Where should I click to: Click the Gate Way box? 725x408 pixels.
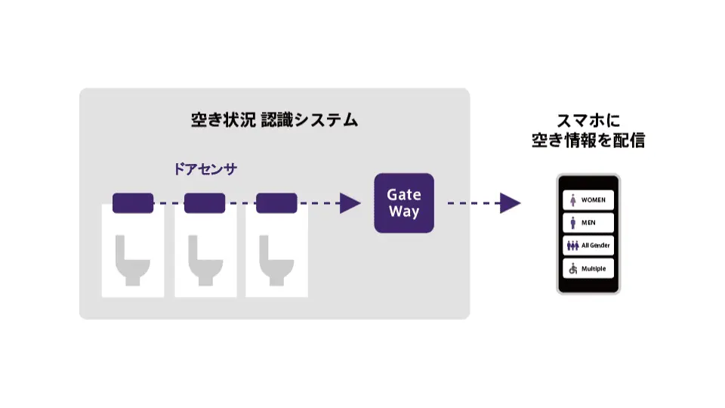404,203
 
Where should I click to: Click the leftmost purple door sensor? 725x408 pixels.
133,202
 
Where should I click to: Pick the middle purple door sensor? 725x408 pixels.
205,202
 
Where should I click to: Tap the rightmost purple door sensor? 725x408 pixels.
276,202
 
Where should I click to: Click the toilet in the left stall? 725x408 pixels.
132,260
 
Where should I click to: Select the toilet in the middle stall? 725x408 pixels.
205,260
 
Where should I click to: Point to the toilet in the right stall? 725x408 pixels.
276,260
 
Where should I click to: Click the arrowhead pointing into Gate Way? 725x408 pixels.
350,203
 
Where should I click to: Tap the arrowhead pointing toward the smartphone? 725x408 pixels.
511,203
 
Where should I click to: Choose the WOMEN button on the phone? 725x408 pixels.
588,199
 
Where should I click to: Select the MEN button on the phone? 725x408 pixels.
588,223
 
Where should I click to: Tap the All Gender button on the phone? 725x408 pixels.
588,246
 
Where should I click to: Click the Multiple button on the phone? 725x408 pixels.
588,268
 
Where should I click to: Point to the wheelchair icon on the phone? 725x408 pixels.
572,268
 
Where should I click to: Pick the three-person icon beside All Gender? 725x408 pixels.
572,246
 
